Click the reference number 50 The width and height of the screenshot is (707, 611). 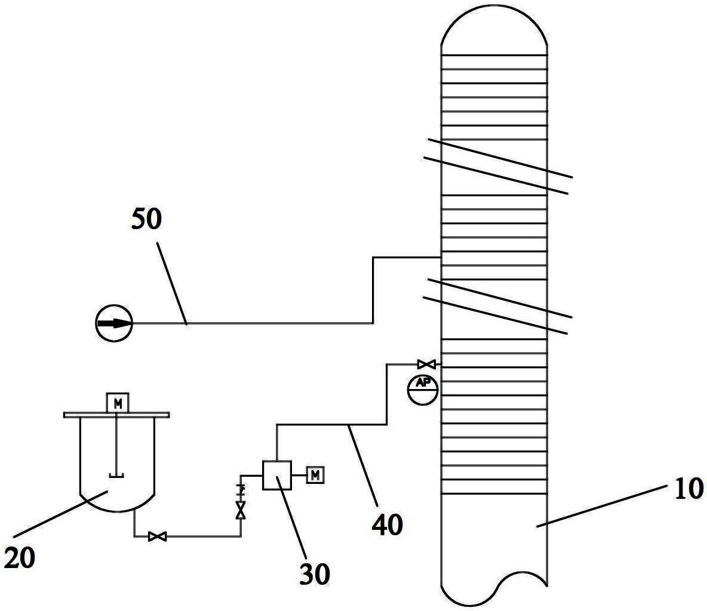point(146,220)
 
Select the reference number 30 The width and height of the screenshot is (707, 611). point(315,574)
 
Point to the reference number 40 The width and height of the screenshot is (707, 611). point(388,524)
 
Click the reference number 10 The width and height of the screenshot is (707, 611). point(688,489)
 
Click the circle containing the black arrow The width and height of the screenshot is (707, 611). point(114,323)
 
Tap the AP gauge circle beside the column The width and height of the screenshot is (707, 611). point(423,390)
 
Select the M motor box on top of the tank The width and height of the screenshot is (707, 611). point(118,403)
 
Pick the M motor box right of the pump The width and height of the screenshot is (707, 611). point(315,475)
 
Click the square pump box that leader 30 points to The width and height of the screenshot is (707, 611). point(277,475)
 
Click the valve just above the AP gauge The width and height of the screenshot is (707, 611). point(426,364)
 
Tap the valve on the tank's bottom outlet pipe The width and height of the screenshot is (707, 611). point(158,536)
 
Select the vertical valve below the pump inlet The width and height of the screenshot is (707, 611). point(241,510)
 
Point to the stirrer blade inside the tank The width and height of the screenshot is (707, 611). point(116,474)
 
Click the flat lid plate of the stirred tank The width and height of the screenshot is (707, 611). point(116,415)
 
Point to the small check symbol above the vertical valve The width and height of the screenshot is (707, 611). point(241,489)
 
